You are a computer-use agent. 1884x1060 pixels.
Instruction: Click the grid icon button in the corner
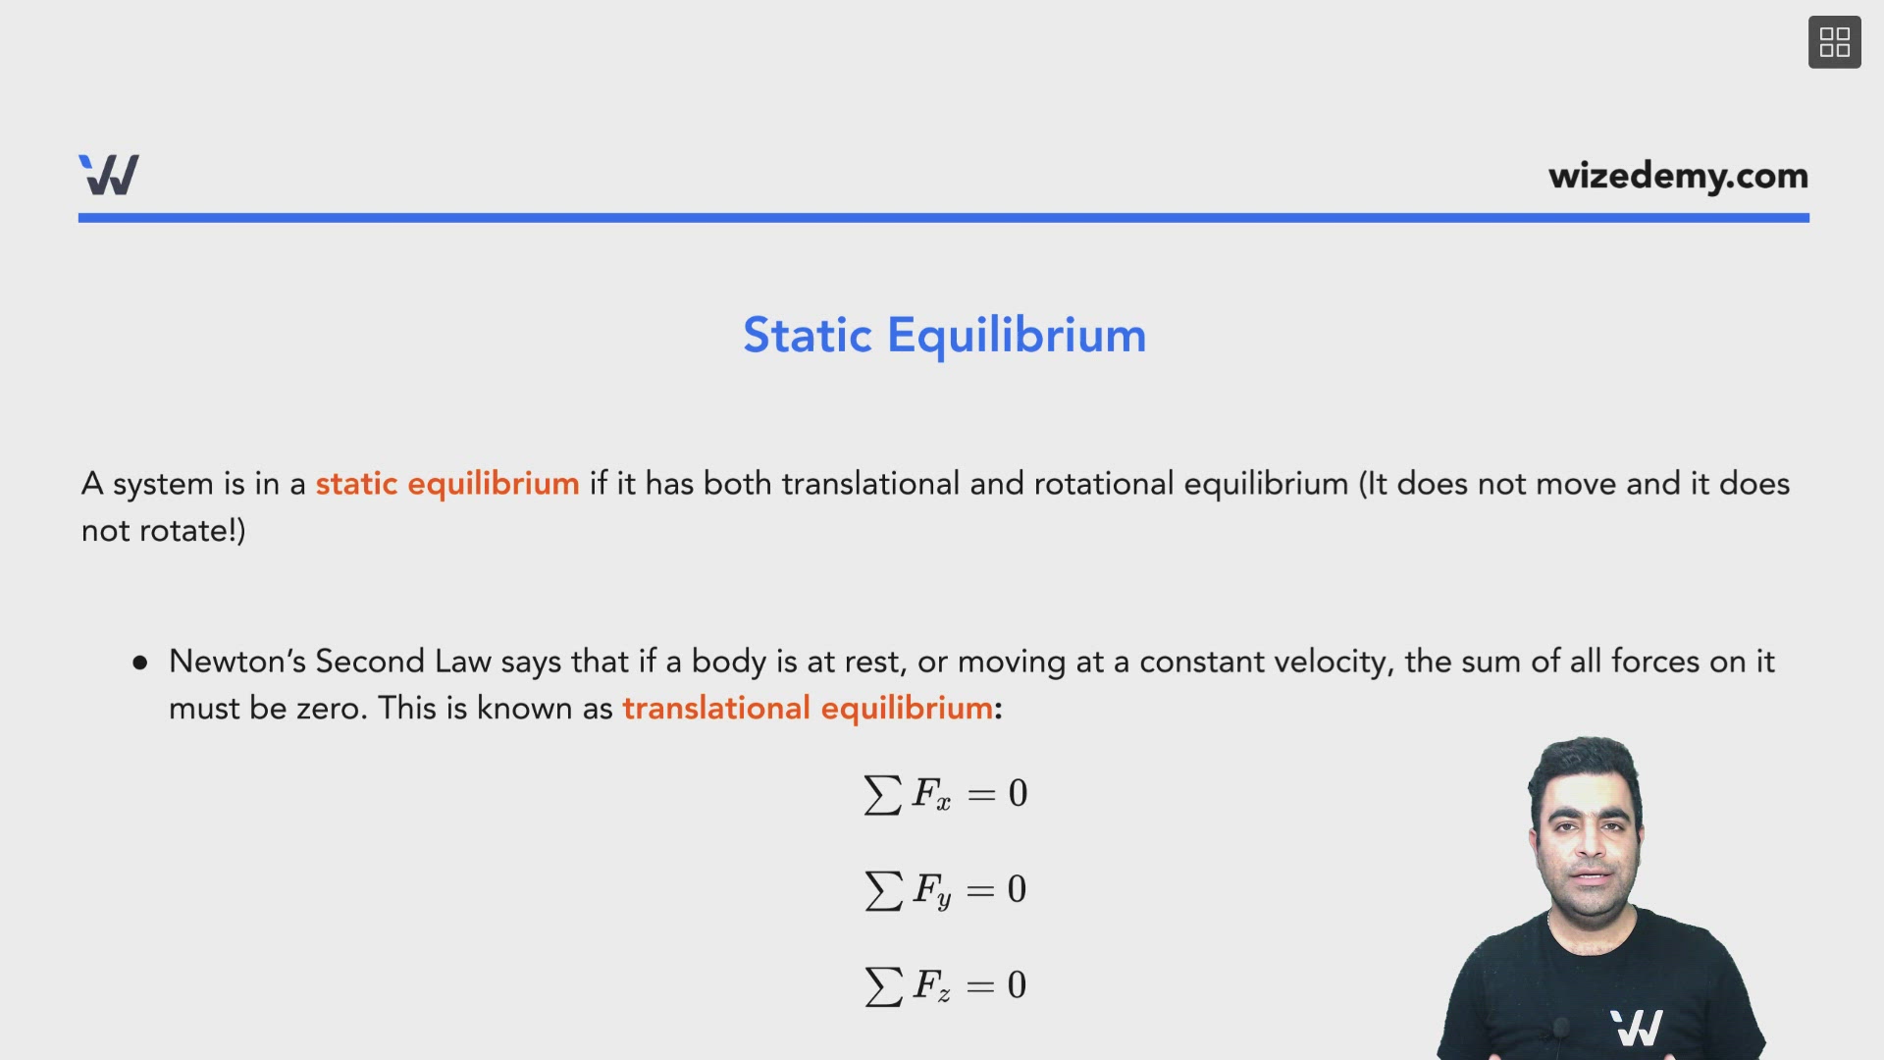click(1834, 42)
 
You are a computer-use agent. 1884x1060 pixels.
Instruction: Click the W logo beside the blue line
click(109, 175)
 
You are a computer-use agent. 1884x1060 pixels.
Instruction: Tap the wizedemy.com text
click(1678, 176)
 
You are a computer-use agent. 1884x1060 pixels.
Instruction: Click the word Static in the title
click(807, 336)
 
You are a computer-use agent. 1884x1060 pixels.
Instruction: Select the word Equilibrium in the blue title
click(1017, 336)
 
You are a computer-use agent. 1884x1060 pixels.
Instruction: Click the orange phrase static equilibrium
click(446, 484)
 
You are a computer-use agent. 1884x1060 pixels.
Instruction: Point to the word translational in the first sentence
click(870, 484)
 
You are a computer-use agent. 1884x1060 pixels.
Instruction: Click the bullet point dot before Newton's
click(140, 663)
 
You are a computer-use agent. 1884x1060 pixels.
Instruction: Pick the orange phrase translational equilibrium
click(807, 709)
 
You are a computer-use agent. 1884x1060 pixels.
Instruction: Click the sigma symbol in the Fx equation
click(882, 794)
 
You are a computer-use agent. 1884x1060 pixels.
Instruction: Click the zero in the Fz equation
click(1017, 985)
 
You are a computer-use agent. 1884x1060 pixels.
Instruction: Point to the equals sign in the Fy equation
click(979, 890)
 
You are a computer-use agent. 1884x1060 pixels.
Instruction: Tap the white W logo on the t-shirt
click(1636, 1028)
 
